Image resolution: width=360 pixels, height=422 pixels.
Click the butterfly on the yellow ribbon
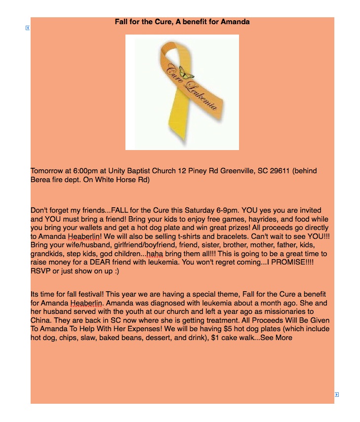click(187, 73)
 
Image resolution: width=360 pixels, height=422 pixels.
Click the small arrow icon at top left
click(28, 28)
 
